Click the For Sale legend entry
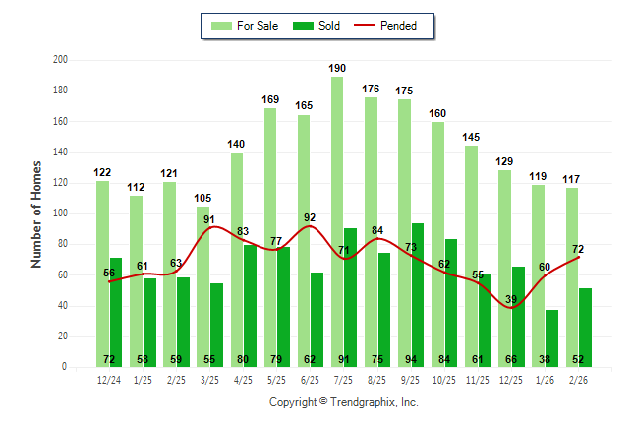[x=245, y=26]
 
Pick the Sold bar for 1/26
[x=551, y=338]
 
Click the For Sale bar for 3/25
[x=203, y=285]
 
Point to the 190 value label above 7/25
[x=337, y=68]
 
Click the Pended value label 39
[x=510, y=299]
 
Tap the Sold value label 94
[x=417, y=359]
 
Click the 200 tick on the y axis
[x=60, y=60]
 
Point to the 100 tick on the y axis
[x=60, y=213]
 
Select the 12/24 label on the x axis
[x=109, y=379]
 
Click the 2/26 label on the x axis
[x=579, y=379]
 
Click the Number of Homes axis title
[x=37, y=213]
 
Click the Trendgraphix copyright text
[x=344, y=402]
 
